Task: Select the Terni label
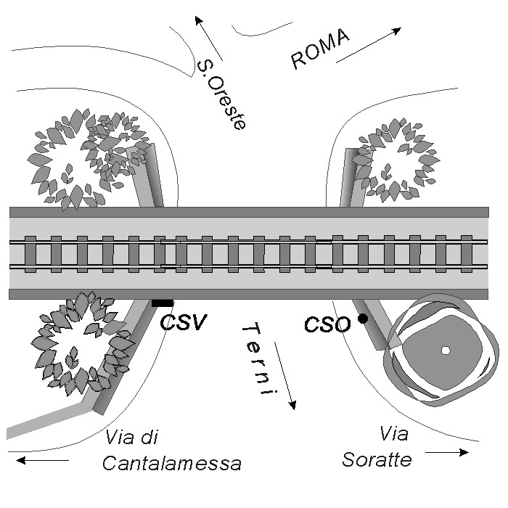[260, 359]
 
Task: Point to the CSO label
[327, 324]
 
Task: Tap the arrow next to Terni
[284, 378]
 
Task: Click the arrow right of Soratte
[447, 453]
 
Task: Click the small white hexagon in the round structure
[445, 351]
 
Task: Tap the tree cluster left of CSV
[73, 353]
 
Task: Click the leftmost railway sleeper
[30, 254]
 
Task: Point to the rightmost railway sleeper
[466, 254]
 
